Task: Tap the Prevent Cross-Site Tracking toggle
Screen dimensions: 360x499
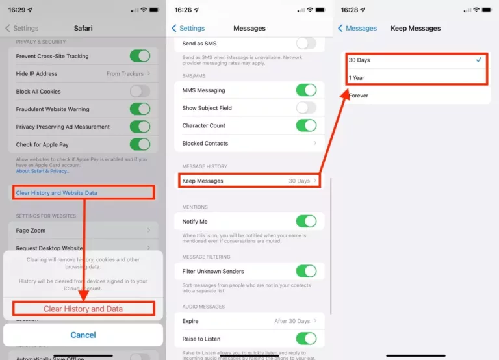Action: (x=140, y=56)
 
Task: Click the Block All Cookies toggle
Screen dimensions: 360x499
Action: (x=140, y=92)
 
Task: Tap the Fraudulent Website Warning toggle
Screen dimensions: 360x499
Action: (x=140, y=109)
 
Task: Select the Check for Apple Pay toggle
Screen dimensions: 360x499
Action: (x=140, y=144)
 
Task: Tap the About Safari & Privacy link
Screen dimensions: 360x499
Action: (x=43, y=171)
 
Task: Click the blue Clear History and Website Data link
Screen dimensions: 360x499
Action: (x=57, y=193)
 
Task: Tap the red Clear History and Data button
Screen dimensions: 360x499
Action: (x=83, y=309)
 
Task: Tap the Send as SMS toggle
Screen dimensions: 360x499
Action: (x=306, y=44)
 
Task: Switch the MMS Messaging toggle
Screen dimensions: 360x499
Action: (x=306, y=90)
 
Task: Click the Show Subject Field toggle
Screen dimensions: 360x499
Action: (x=306, y=108)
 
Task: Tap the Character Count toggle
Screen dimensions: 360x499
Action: (x=306, y=125)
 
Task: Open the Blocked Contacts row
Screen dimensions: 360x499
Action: (x=250, y=143)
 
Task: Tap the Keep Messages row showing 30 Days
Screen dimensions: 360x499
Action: (x=250, y=181)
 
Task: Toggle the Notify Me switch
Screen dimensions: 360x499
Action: (x=306, y=222)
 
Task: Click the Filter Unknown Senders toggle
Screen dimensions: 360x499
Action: (x=306, y=271)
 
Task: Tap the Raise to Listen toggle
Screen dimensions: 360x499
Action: (x=306, y=338)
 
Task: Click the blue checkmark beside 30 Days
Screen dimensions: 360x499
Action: (x=479, y=60)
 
